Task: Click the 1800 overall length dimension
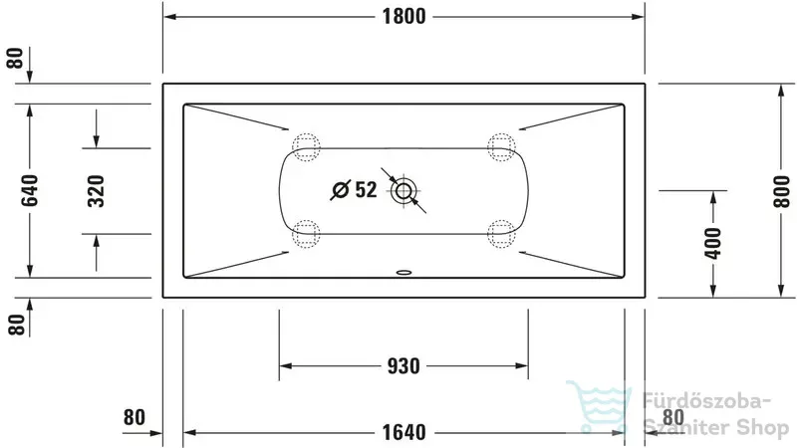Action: pos(404,17)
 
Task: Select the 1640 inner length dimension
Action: pos(404,433)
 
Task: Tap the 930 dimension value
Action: pos(403,366)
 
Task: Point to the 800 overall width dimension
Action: pos(782,191)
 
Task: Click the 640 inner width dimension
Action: pos(30,190)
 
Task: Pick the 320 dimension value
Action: pos(96,191)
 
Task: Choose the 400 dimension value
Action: pos(713,243)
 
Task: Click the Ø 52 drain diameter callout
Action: pos(354,190)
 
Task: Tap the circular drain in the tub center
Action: pos(403,191)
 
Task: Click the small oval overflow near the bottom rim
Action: pos(404,272)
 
